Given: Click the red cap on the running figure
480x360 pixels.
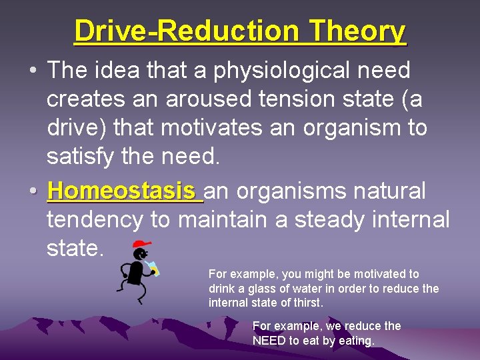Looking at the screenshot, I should (x=141, y=244).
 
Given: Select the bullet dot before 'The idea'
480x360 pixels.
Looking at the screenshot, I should (x=32, y=70).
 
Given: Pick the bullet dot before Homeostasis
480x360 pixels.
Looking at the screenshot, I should (x=32, y=192).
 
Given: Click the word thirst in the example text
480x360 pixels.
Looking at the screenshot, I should (x=307, y=303).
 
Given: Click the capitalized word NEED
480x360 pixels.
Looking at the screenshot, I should (x=269, y=341).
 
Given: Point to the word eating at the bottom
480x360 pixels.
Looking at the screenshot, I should (x=356, y=341).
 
